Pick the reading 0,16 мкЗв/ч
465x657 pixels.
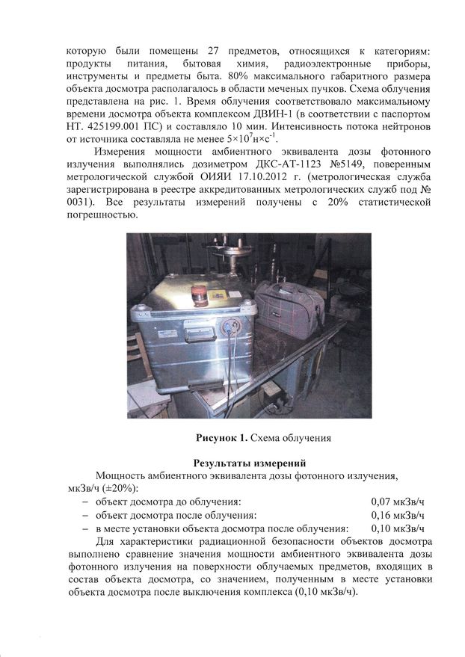397,515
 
